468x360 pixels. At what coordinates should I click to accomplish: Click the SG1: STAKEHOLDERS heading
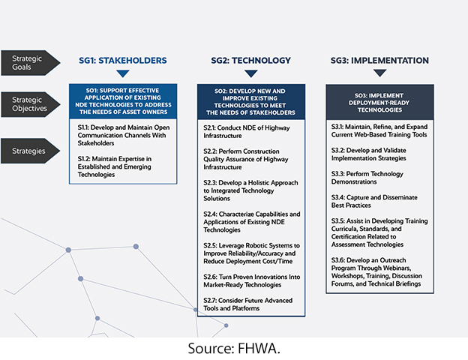123,61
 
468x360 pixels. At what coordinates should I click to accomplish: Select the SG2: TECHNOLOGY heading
250,61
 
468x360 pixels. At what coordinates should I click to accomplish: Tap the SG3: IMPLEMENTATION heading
379,61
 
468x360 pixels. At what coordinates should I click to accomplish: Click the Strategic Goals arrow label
30,63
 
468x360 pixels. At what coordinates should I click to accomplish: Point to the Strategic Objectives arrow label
30,104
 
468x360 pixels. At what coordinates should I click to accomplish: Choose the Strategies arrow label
30,151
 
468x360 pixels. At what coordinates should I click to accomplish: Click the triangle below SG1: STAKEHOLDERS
123,73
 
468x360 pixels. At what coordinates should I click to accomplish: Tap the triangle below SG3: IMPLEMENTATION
379,73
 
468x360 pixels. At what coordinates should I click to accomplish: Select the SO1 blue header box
123,101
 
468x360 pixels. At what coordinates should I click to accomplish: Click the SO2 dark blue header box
251,102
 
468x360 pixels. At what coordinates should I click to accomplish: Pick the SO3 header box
379,103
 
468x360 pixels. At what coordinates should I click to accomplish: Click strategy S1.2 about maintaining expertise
115,166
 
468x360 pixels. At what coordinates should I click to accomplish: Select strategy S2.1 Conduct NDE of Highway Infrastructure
247,132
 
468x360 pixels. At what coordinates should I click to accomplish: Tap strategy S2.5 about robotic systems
251,253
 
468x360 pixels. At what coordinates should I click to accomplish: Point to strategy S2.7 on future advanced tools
247,304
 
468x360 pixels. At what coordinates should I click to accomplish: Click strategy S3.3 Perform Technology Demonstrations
367,178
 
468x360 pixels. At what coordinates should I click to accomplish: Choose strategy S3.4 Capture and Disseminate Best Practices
374,201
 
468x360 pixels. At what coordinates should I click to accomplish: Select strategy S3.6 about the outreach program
376,272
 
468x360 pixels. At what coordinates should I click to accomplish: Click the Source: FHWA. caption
234,348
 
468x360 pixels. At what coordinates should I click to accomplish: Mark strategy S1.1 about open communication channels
124,135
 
